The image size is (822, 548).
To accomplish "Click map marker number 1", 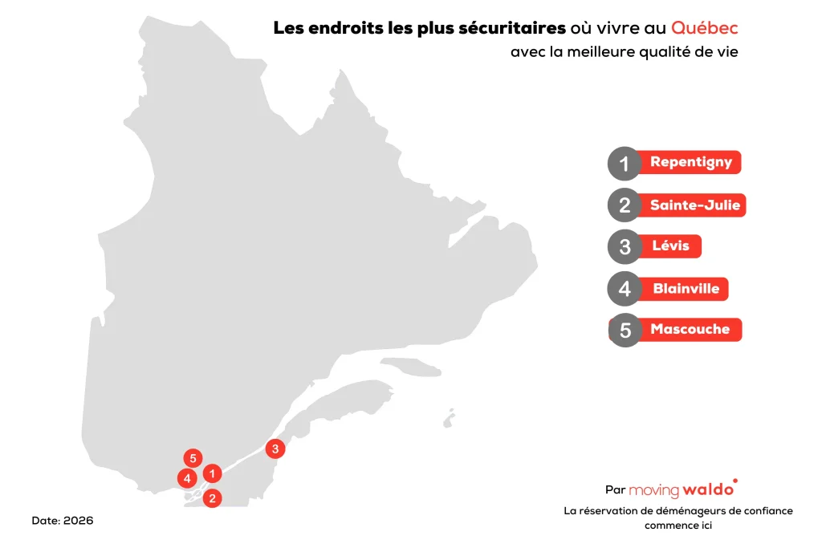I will [x=212, y=474].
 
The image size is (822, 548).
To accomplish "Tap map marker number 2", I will [x=212, y=498].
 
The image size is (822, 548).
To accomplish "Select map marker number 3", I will [x=275, y=449].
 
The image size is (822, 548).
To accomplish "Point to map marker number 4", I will [x=187, y=479].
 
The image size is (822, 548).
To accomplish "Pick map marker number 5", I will [x=192, y=458].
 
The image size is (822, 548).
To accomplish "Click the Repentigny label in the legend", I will [x=690, y=162].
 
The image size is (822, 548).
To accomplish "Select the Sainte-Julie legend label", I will [x=694, y=205].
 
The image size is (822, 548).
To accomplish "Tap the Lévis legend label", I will [x=670, y=246].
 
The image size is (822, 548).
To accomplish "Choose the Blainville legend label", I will [x=686, y=288].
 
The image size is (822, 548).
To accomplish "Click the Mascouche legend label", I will [x=690, y=329].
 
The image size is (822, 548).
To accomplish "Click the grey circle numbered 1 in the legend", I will [x=625, y=164].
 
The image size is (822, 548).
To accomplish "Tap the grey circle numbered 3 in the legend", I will [x=625, y=246].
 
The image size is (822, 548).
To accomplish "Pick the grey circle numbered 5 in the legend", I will [x=625, y=330].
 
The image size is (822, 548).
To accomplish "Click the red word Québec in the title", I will [x=704, y=27].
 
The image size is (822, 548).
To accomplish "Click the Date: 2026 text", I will [x=63, y=521].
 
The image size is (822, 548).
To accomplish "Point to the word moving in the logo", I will [x=654, y=489].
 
